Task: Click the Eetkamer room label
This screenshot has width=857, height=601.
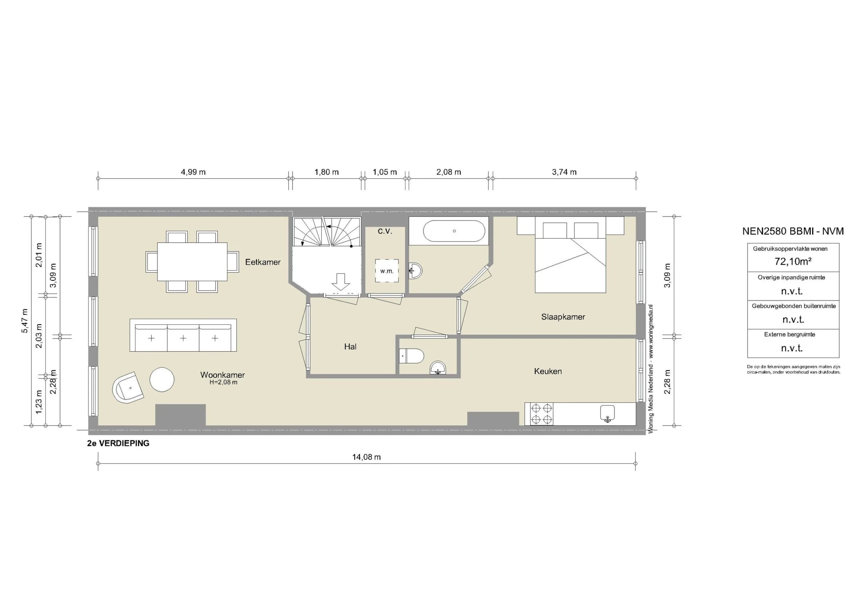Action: click(262, 262)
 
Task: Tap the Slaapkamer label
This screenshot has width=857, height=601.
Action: click(563, 317)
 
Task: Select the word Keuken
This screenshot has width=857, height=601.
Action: click(548, 371)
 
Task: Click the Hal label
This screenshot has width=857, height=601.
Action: click(350, 347)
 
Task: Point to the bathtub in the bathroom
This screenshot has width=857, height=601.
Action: click(454, 231)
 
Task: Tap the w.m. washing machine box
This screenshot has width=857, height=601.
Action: click(387, 271)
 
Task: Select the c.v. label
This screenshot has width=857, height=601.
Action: click(385, 231)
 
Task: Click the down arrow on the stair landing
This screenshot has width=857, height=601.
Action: click(340, 282)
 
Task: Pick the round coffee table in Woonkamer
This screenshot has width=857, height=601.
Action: click(162, 380)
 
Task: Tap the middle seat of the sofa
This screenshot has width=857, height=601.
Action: click(183, 338)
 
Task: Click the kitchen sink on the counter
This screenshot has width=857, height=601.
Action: click(608, 413)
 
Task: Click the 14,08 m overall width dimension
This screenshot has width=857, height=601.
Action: click(366, 458)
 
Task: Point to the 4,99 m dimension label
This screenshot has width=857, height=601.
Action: click(193, 172)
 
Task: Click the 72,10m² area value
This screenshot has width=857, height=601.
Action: click(793, 262)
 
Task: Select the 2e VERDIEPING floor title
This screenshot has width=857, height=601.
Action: click(118, 443)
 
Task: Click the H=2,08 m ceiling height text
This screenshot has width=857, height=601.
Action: click(223, 382)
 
